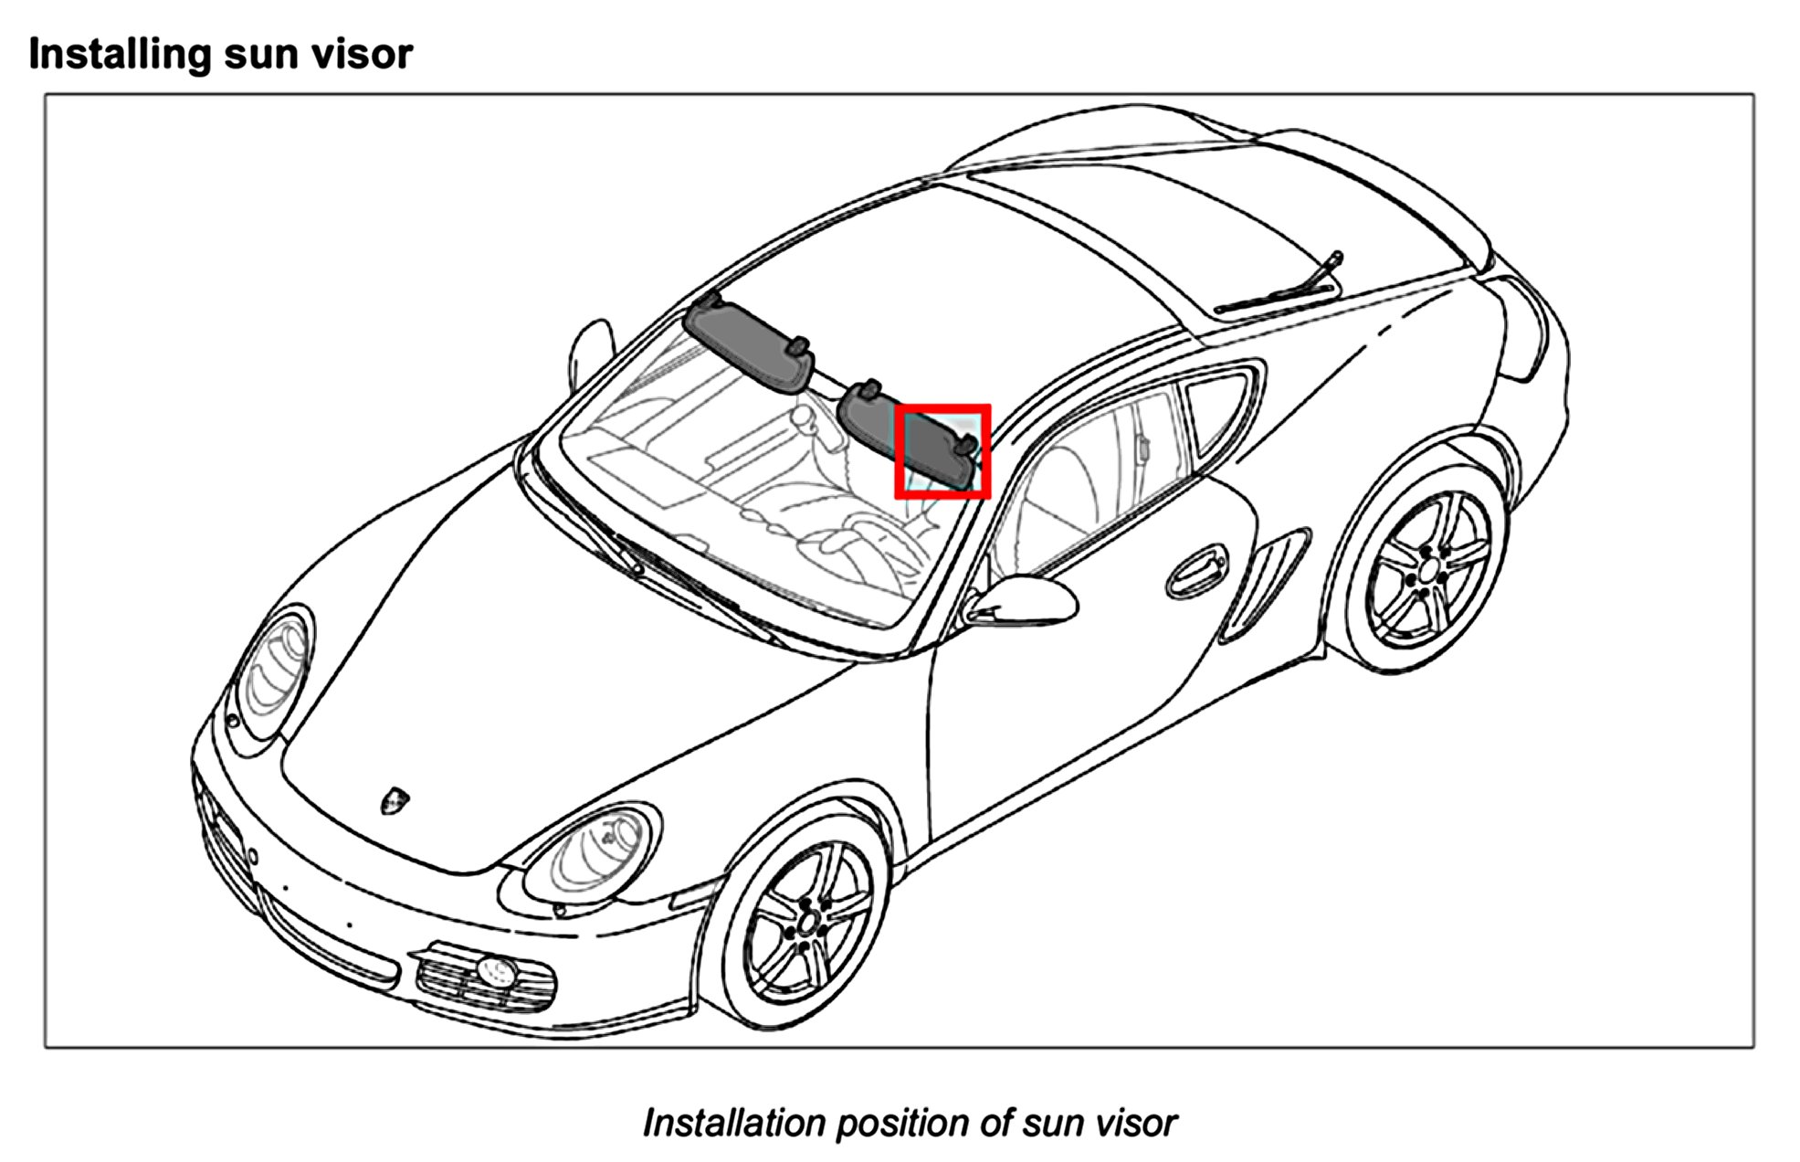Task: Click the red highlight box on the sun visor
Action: point(942,451)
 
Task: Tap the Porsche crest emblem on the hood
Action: point(395,800)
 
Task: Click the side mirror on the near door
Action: point(1027,598)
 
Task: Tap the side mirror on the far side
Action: point(589,352)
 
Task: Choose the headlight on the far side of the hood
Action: point(273,671)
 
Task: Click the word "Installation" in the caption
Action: point(734,1123)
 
